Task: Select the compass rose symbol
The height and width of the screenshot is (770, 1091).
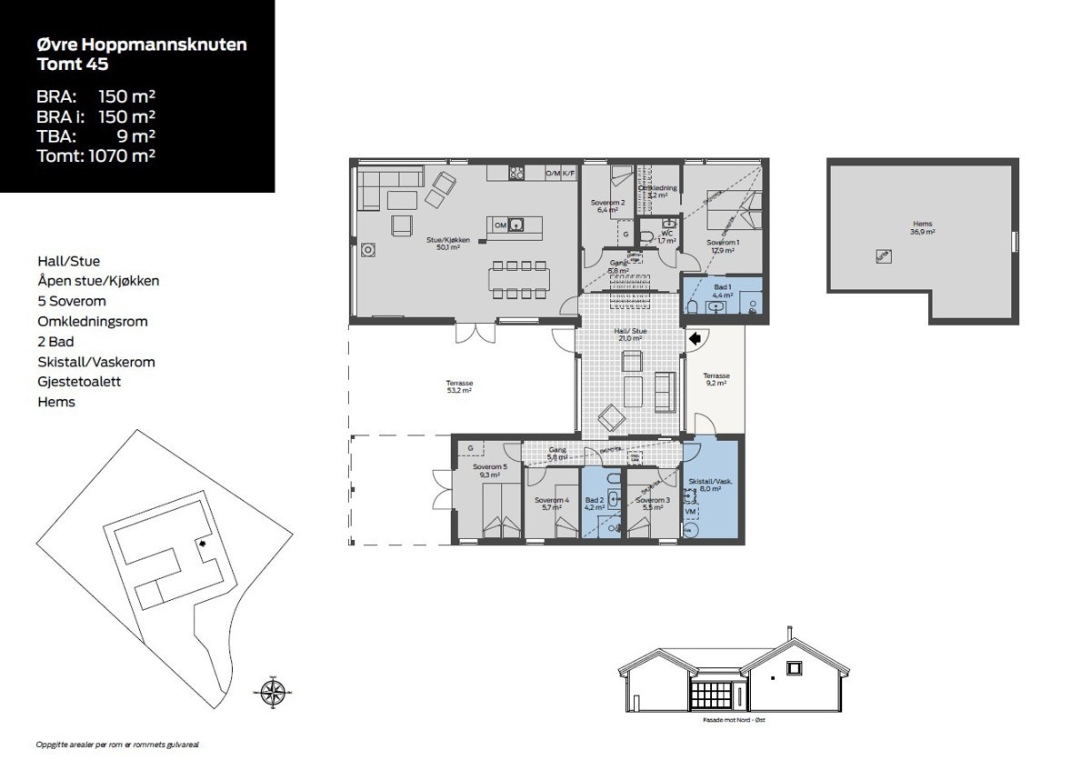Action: pyautogui.click(x=271, y=692)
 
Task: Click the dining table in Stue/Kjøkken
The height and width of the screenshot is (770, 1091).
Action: pyautogui.click(x=519, y=279)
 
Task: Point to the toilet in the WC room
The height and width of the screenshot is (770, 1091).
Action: pyautogui.click(x=646, y=236)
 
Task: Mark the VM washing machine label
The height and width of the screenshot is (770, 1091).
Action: pyautogui.click(x=691, y=512)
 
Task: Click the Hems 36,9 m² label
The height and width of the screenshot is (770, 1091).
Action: pyautogui.click(x=923, y=227)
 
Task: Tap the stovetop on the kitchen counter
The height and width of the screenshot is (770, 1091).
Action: pyautogui.click(x=517, y=172)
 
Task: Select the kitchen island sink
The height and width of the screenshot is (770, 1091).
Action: pyautogui.click(x=516, y=225)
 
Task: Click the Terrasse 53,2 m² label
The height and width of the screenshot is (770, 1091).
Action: pyautogui.click(x=459, y=387)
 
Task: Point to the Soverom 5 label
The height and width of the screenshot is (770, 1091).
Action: pyautogui.click(x=492, y=470)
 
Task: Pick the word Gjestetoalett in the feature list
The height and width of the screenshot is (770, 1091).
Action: pyautogui.click(x=79, y=382)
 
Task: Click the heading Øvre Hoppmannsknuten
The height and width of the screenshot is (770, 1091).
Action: pyautogui.click(x=142, y=45)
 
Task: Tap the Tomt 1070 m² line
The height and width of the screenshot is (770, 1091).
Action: pyautogui.click(x=95, y=155)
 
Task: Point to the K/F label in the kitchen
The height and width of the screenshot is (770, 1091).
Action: pyautogui.click(x=568, y=173)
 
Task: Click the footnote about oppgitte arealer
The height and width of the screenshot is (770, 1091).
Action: pyautogui.click(x=117, y=744)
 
